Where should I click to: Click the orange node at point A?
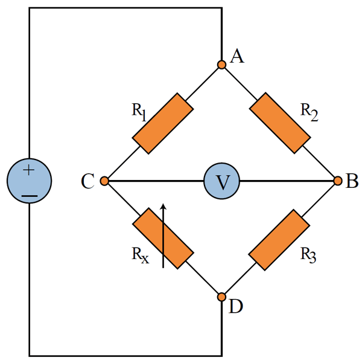click(221, 64)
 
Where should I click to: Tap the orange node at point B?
click(338, 181)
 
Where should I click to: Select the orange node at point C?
click(104, 181)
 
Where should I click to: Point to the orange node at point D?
click(221, 297)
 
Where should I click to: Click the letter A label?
click(237, 57)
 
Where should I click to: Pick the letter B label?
click(352, 181)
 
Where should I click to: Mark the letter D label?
click(236, 307)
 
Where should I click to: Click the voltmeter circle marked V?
click(221, 181)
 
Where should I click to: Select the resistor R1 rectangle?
click(163, 123)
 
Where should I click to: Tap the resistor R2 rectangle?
click(280, 123)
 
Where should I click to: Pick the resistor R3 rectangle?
click(280, 239)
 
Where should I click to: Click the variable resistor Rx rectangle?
click(163, 239)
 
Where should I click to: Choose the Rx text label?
click(139, 254)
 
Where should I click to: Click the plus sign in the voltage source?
click(28, 171)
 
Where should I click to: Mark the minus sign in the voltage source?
click(28, 195)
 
